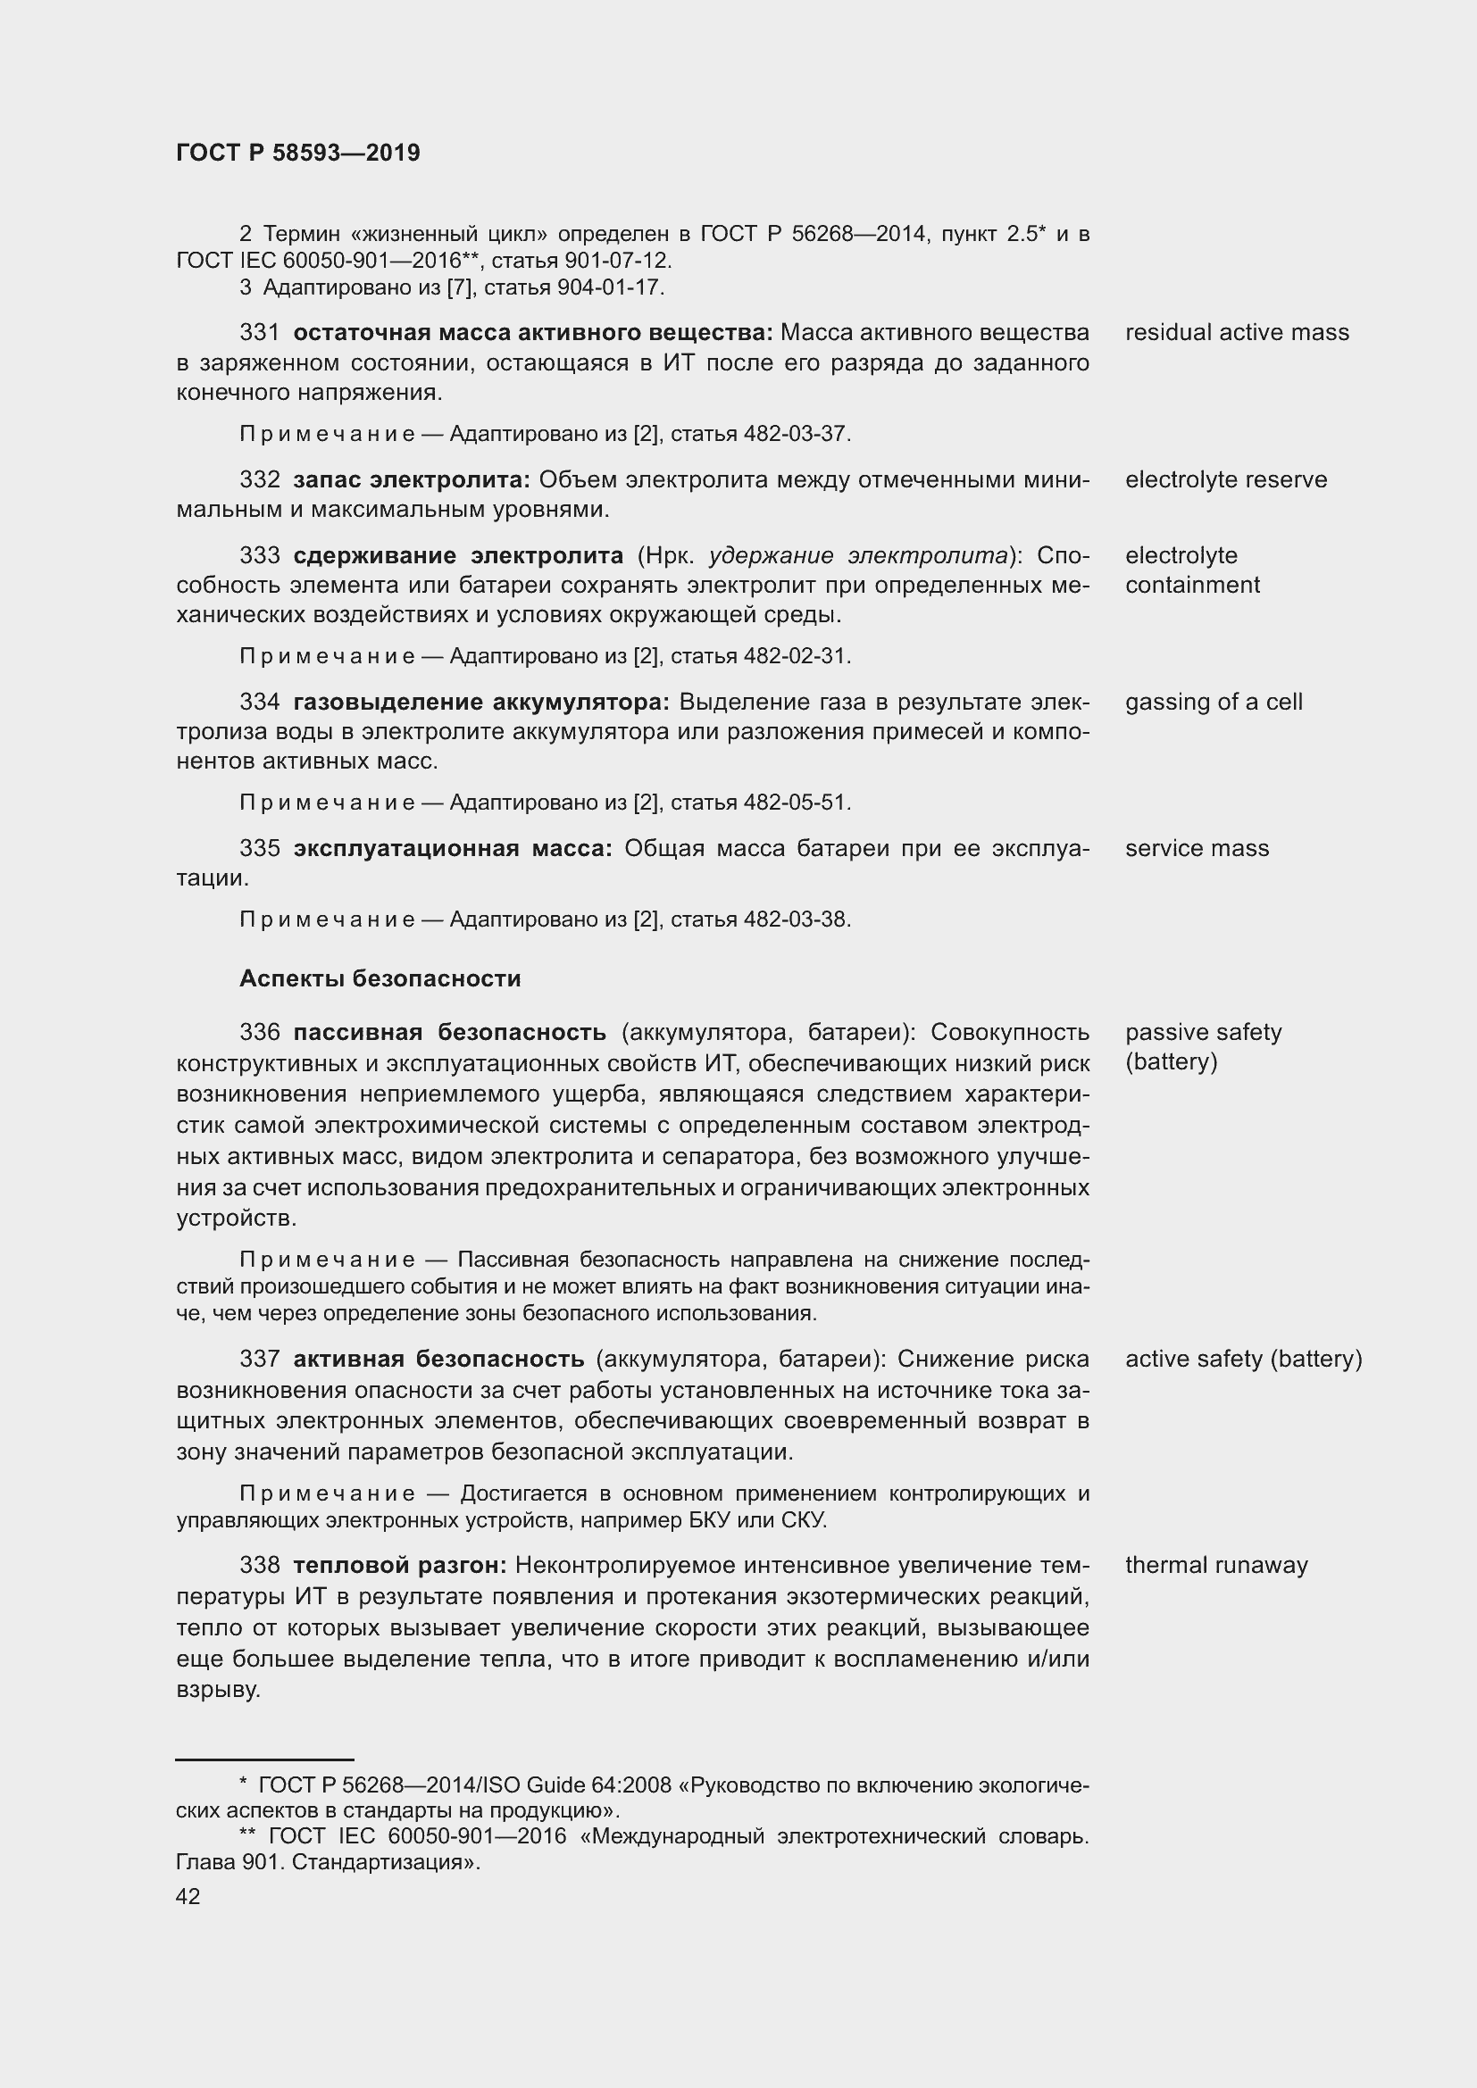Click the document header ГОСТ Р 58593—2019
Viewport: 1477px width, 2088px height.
pos(297,153)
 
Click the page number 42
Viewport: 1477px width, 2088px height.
pos(188,1896)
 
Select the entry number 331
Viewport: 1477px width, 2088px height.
pos(259,332)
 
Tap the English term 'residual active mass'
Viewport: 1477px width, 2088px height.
pos(1236,332)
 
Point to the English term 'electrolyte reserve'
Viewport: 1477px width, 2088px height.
pos(1225,479)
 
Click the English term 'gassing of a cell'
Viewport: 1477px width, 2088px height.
pos(1214,701)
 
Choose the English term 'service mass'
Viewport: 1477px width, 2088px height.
pos(1196,847)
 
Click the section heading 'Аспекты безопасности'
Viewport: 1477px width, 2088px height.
pos(380,978)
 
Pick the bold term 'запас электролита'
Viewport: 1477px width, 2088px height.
pos(411,479)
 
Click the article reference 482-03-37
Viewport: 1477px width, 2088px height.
pos(794,434)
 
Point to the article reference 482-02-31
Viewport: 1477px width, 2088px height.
pos(794,656)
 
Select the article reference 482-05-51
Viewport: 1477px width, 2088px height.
pos(794,803)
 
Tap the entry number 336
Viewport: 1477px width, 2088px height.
pos(259,1032)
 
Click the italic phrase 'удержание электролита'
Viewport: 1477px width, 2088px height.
pos(857,554)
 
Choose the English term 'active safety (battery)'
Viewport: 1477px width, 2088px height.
pos(1242,1359)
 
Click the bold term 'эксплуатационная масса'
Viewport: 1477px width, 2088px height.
pos(452,847)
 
